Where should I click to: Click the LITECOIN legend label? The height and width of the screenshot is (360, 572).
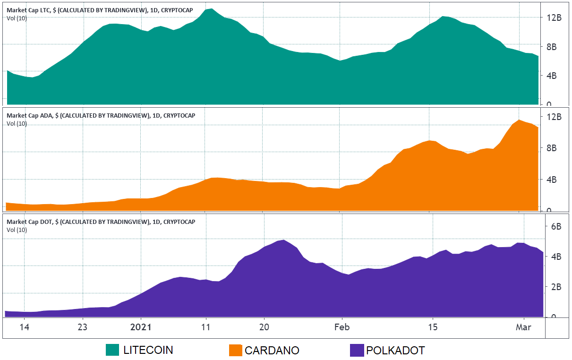(148, 350)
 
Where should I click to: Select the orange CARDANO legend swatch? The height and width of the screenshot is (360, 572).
(235, 350)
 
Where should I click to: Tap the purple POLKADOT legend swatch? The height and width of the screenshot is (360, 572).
(357, 350)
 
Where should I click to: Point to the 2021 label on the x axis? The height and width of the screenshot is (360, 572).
(141, 327)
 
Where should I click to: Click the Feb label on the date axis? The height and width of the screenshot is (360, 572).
(341, 327)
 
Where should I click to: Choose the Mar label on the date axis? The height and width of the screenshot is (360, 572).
(523, 327)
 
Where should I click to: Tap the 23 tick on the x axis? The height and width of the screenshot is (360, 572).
(83, 327)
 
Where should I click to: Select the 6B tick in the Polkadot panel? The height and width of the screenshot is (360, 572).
(556, 226)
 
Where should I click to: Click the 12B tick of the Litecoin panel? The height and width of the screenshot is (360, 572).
(554, 17)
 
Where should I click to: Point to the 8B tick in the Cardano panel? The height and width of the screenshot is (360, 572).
(552, 148)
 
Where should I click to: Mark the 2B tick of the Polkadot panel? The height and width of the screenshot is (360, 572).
(556, 287)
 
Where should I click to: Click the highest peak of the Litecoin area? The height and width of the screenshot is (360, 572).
(212, 9)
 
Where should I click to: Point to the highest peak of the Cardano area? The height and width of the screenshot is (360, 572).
(519, 120)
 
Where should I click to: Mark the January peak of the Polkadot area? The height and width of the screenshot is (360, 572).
(283, 240)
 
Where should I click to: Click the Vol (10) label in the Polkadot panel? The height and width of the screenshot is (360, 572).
(17, 230)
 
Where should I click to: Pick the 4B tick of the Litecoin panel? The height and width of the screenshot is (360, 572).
(552, 76)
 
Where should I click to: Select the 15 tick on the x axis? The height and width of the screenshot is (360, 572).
(433, 327)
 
